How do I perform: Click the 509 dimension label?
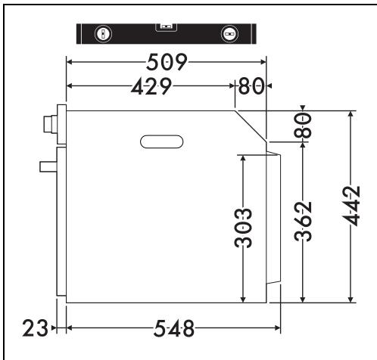click(x=167, y=62)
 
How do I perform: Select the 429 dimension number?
click(x=151, y=86)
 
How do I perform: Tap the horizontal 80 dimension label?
click(x=251, y=86)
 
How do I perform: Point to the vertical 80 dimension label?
click(x=303, y=126)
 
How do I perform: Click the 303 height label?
click(x=243, y=228)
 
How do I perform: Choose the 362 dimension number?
click(x=303, y=222)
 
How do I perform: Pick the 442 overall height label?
click(x=351, y=206)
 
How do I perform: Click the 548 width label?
click(x=174, y=328)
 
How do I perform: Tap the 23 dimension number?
click(x=35, y=328)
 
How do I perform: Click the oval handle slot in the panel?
click(x=161, y=141)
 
